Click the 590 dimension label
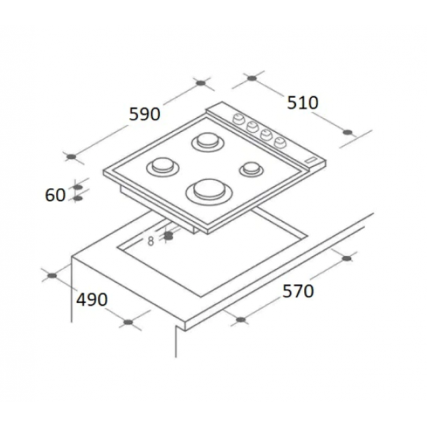click(144, 114)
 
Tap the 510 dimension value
click(302, 102)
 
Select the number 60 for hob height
click(55, 195)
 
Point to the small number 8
click(151, 240)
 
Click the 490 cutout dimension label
click(92, 299)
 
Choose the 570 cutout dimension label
click(297, 291)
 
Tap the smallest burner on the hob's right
click(251, 167)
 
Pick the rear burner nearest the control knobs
click(207, 141)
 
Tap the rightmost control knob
click(277, 140)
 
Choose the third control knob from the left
click(265, 134)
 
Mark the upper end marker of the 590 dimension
click(202, 82)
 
